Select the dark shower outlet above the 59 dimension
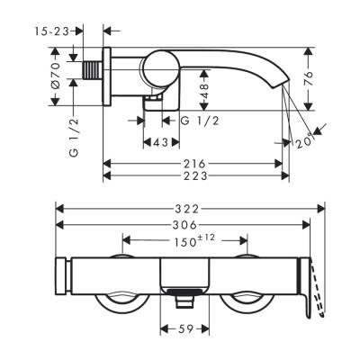184,290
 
